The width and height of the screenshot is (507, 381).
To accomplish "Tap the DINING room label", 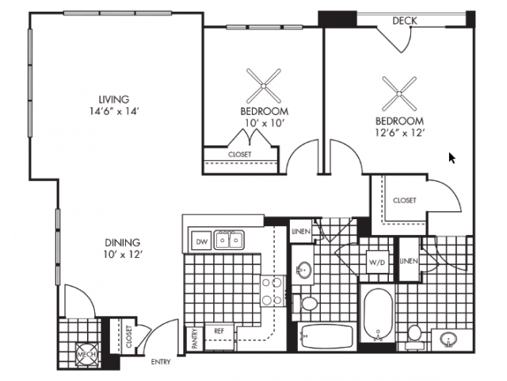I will [122, 242].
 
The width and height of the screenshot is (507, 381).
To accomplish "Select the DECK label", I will [404, 21].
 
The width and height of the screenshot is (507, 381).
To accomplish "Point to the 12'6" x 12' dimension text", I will [400, 133].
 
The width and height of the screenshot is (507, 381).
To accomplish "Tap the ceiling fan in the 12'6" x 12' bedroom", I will [400, 93].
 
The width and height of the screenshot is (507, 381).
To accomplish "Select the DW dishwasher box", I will [201, 241].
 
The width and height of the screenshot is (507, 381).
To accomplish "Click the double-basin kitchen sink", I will [231, 239].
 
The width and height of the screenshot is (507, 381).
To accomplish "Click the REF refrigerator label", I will [219, 331].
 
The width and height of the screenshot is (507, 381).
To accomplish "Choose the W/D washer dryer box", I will [377, 262].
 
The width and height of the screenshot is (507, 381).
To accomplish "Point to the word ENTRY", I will [162, 363].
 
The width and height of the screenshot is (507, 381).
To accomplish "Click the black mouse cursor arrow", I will [452, 157].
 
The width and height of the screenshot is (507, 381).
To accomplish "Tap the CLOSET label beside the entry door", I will [128, 338].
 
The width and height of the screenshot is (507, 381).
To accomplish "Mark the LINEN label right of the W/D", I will [409, 261].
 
